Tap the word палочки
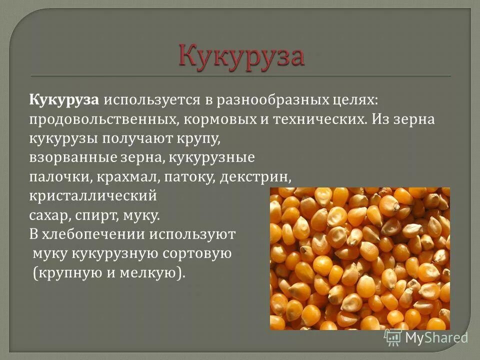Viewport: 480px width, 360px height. tap(55, 176)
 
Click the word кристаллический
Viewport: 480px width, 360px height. tap(92, 195)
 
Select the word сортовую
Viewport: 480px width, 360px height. tap(197, 253)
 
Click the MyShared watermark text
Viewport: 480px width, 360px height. tap(436, 338)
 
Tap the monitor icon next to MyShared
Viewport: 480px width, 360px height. tap(392, 337)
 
